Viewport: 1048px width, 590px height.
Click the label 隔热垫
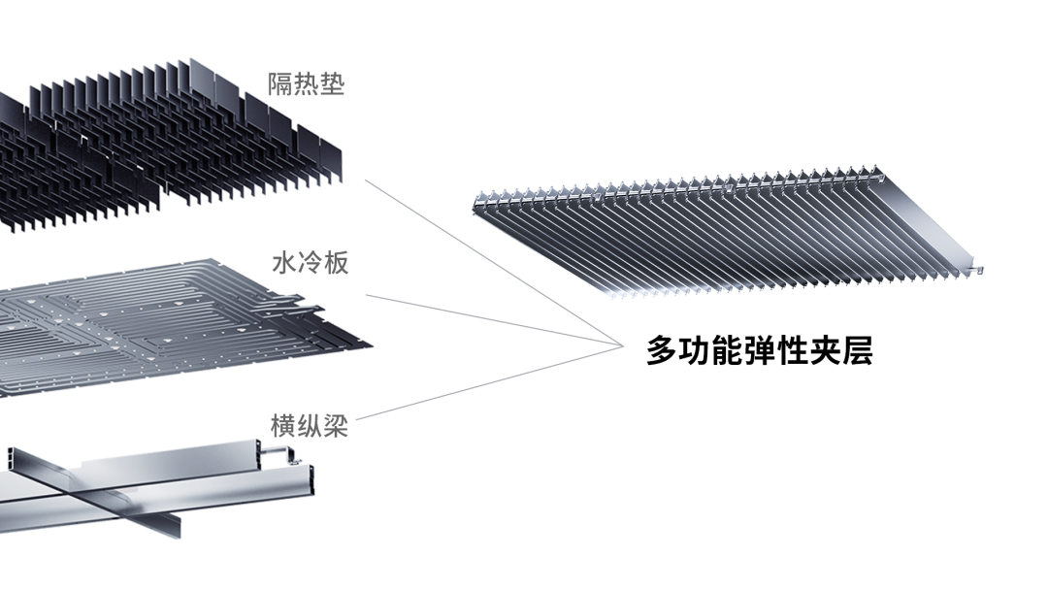click(306, 84)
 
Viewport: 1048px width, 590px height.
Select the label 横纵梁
click(310, 426)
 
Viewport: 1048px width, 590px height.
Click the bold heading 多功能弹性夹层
click(759, 351)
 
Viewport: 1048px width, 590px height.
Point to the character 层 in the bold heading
click(856, 351)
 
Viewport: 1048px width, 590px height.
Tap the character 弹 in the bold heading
click(760, 351)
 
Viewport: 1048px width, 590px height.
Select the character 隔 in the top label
click(280, 84)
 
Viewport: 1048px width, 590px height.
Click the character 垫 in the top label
click(332, 84)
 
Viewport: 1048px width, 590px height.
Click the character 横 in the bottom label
click(283, 426)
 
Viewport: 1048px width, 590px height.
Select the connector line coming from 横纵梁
click(485, 384)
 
